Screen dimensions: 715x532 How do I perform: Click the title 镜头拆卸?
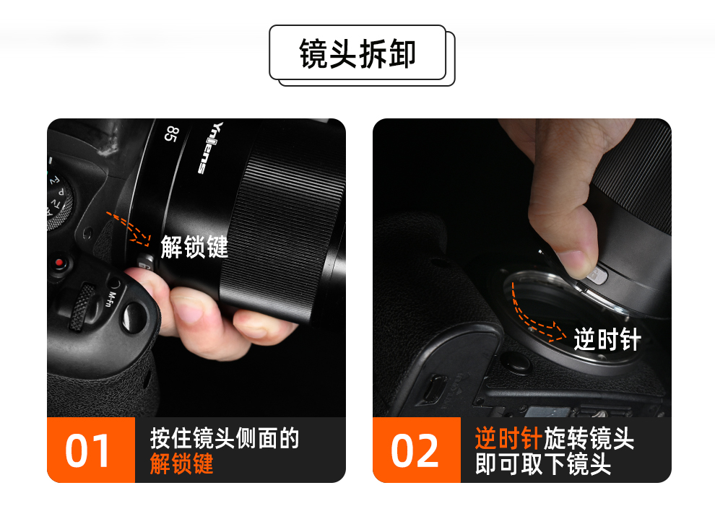pos(357,54)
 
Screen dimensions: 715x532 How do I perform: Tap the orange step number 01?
pos(87,450)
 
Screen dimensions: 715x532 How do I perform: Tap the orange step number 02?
pos(415,450)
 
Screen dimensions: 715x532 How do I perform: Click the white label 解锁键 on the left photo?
pos(194,247)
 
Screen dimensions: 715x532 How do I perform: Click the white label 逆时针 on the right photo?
pos(607,339)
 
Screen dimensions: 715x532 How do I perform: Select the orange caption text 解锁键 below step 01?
pos(181,464)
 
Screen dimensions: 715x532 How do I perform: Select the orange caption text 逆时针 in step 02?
pos(508,439)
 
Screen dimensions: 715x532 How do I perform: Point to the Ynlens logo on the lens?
pos(211,147)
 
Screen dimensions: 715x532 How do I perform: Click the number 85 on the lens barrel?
pos(171,134)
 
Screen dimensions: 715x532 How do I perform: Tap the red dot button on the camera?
pos(58,263)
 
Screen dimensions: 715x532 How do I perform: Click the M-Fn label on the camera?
pos(111,299)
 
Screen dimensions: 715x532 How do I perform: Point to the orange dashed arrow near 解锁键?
pos(129,227)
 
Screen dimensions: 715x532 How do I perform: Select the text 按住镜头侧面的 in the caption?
pos(225,439)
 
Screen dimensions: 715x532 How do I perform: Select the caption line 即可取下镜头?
pos(542,464)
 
